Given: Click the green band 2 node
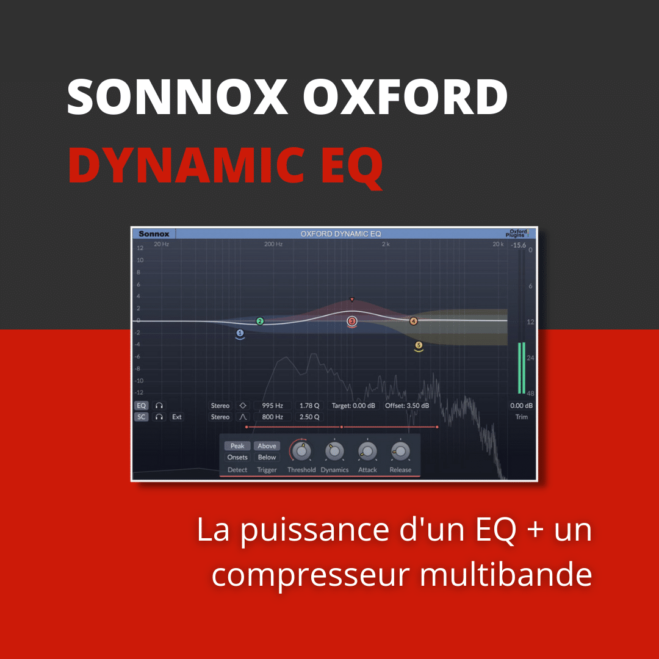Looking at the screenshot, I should click(260, 321).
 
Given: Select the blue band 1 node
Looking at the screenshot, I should click(240, 333).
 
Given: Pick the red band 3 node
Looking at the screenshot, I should click(352, 321).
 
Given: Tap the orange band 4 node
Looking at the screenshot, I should click(413, 321).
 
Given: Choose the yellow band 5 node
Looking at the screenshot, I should click(419, 345).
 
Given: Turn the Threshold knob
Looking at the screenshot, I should click(301, 452).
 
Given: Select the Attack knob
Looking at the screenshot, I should click(367, 452).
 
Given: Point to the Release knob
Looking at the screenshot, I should click(400, 452).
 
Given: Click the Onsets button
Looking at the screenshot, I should click(237, 457).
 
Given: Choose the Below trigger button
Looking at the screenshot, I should click(267, 457).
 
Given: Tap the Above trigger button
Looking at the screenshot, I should click(267, 446).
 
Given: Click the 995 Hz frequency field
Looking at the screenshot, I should click(272, 406).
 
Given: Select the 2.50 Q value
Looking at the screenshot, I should click(309, 417).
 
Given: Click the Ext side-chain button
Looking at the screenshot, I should click(177, 417).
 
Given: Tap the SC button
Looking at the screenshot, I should click(142, 417).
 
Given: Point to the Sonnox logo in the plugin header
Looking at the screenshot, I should click(154, 234).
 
